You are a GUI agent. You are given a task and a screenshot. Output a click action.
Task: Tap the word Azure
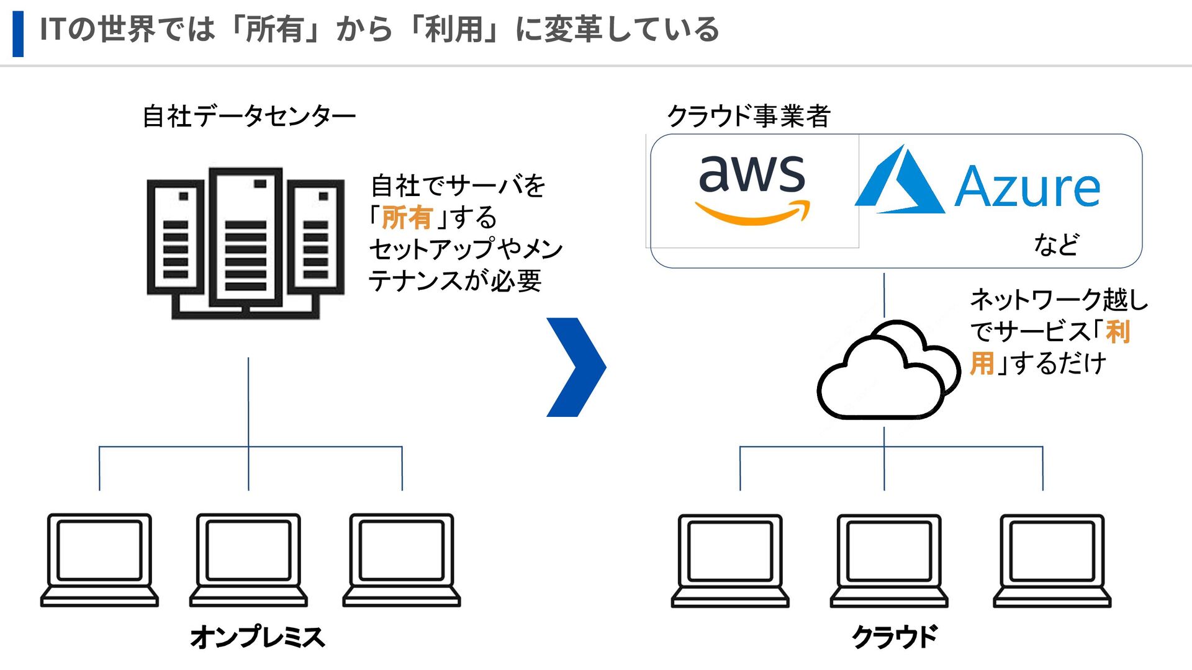(x=1027, y=187)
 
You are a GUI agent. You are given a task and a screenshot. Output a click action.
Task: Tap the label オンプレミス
(x=257, y=637)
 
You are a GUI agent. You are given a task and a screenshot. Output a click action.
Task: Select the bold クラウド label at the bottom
(x=895, y=637)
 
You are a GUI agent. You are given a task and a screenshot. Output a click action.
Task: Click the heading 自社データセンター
(x=249, y=116)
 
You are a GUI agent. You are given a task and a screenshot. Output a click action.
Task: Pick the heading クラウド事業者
(x=748, y=116)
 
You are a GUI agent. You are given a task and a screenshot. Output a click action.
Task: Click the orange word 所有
(x=407, y=218)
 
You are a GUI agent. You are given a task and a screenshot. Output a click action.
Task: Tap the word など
(x=1056, y=244)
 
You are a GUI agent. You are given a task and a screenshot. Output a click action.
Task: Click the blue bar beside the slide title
(x=18, y=33)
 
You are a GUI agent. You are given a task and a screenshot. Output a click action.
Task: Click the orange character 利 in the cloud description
(x=1117, y=332)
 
